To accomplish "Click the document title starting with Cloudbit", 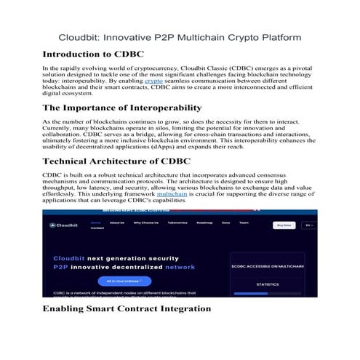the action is pos(180,36).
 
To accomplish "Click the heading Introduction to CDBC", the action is pos(93,55).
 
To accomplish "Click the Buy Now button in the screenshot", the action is pos(283,225).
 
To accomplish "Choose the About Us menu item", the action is pos(117,223).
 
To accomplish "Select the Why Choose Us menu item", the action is pos(145,223).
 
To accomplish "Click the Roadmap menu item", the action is pos(207,223).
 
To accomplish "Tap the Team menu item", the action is pos(244,223).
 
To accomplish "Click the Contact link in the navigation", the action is pos(97,228).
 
